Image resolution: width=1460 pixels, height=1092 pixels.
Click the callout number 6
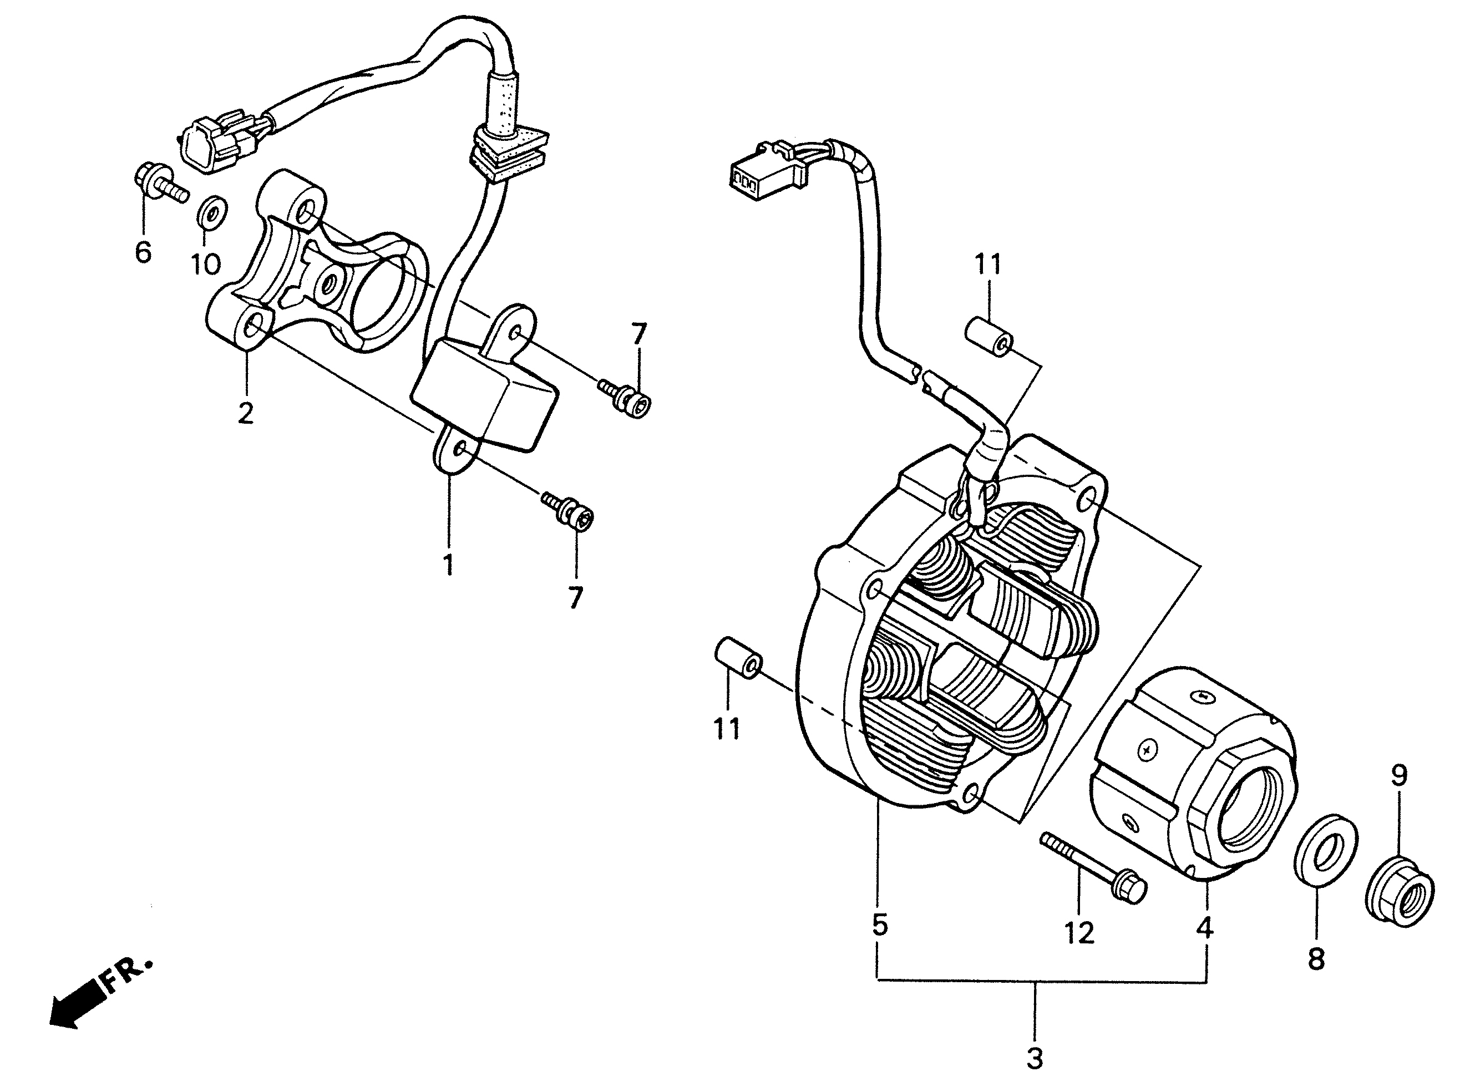coord(143,251)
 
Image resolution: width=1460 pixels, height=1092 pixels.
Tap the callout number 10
coord(206,264)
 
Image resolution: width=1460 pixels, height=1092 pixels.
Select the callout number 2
coord(246,413)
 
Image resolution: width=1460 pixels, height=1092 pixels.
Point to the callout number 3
coord(1035,1058)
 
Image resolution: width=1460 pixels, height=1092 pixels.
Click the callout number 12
coord(1079,932)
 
